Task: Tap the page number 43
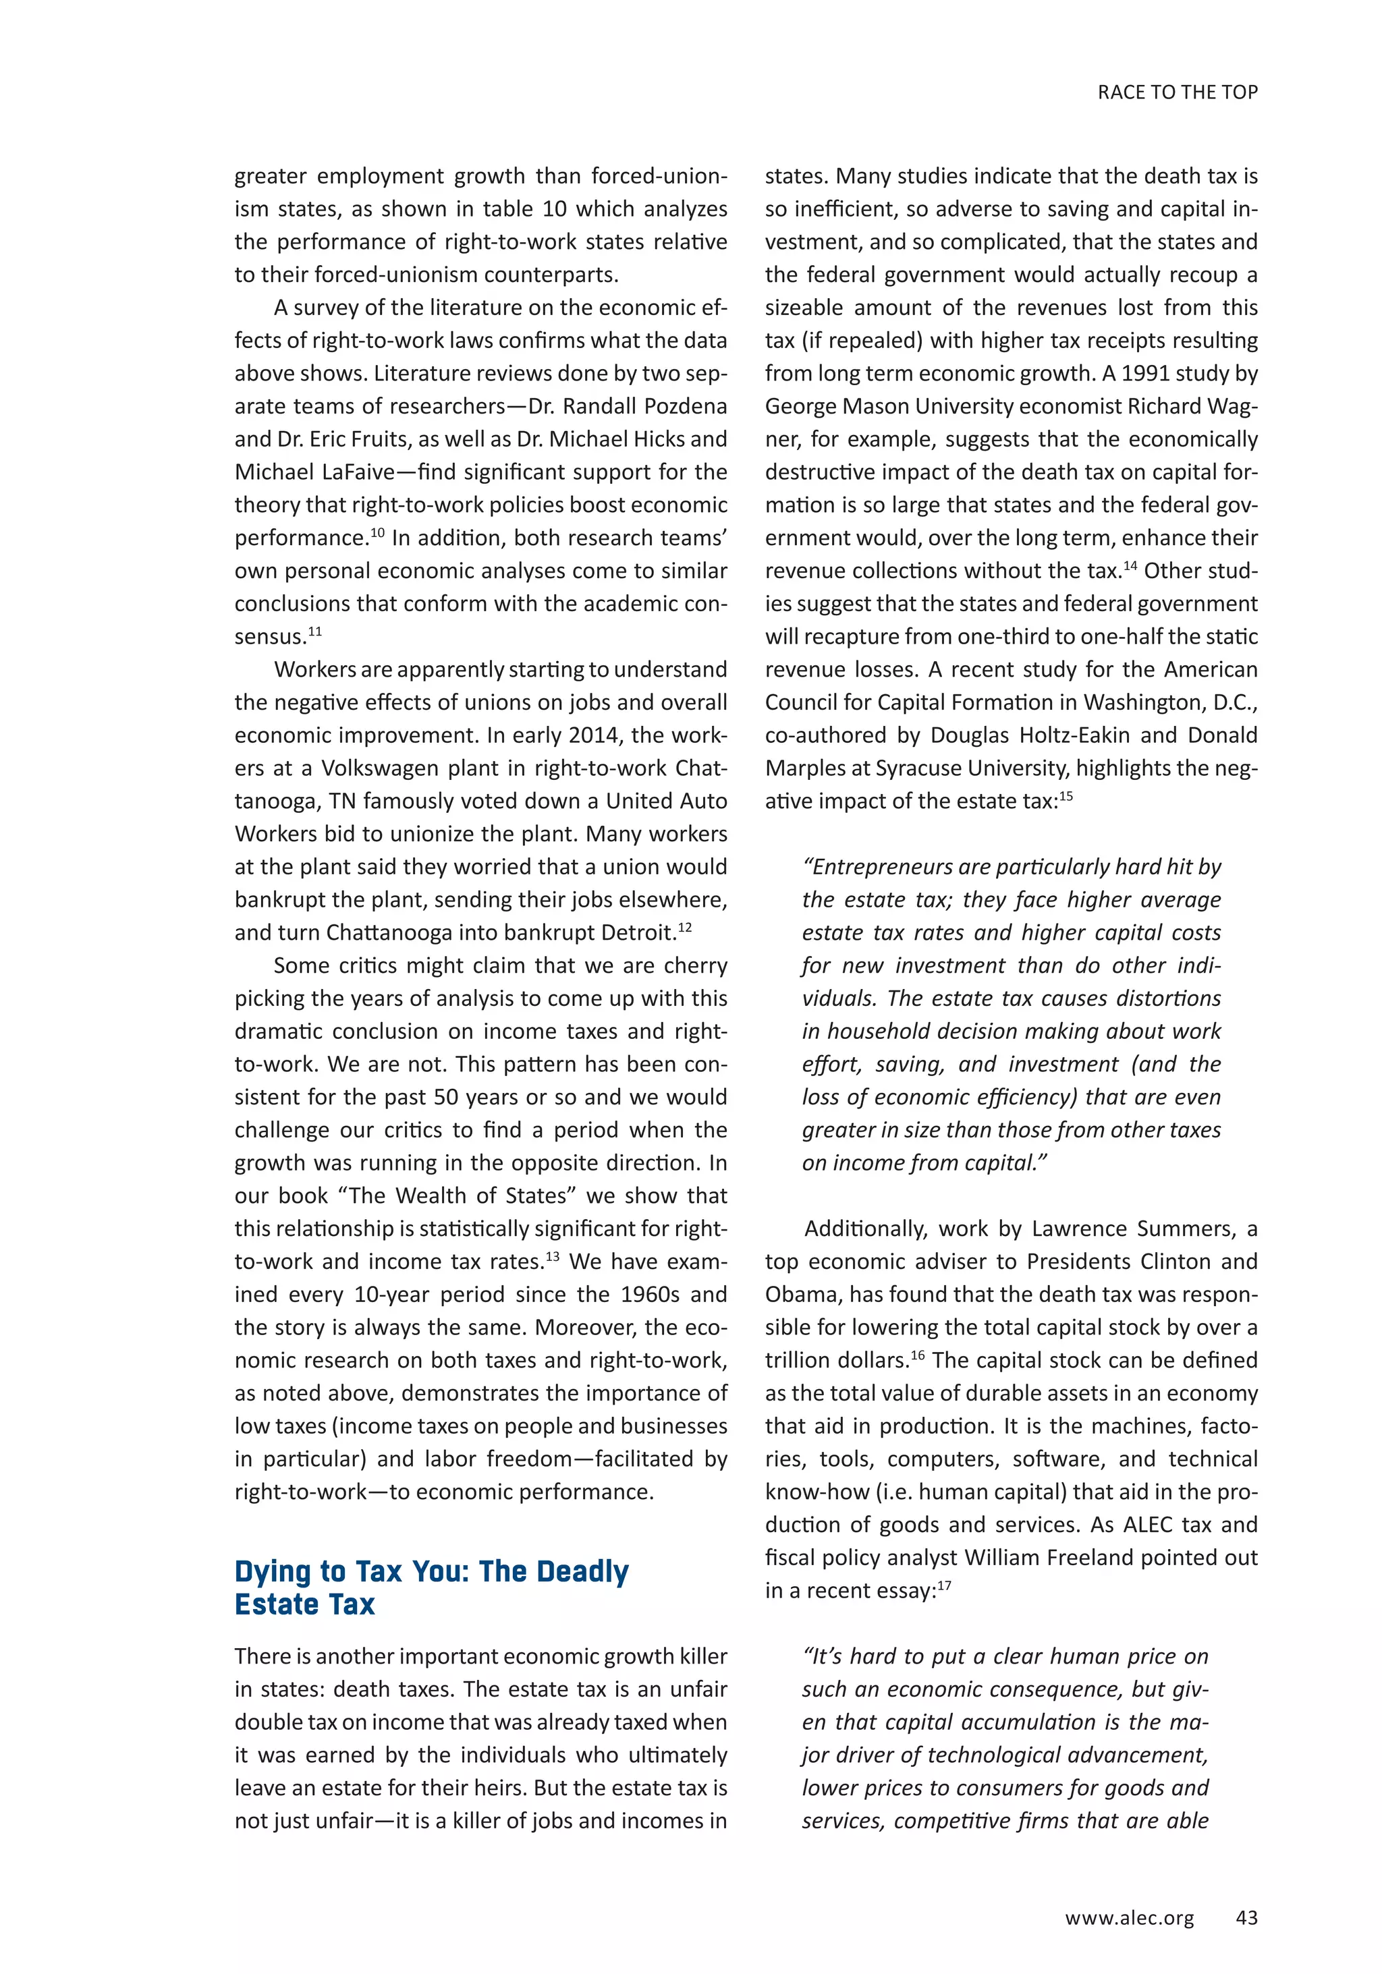pyautogui.click(x=1246, y=1917)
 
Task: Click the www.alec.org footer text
pyautogui.click(x=1129, y=1918)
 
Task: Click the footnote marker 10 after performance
pyautogui.click(x=377, y=532)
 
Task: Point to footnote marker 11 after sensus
pyautogui.click(x=314, y=630)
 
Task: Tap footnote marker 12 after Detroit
pyautogui.click(x=684, y=927)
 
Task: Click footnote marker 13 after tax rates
pyautogui.click(x=551, y=1256)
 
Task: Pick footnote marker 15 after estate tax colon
pyautogui.click(x=1066, y=795)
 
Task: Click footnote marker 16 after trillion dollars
pyautogui.click(x=918, y=1354)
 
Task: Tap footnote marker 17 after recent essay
pyautogui.click(x=944, y=1585)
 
